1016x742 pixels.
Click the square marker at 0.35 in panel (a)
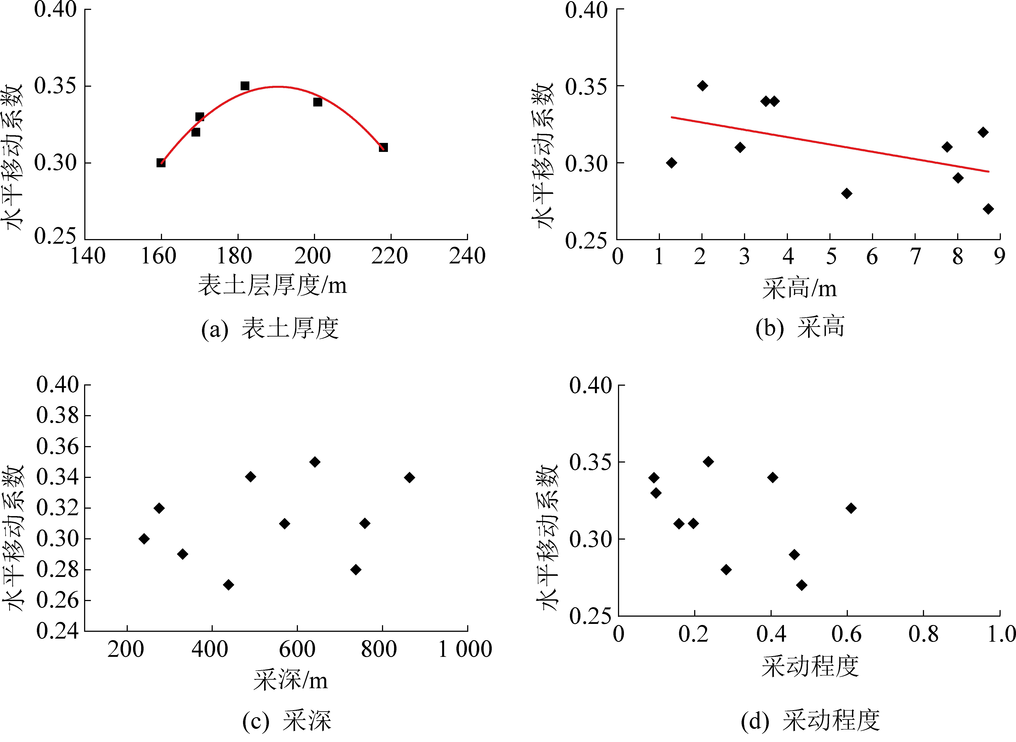[x=245, y=86]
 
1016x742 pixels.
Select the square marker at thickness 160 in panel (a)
[x=161, y=163]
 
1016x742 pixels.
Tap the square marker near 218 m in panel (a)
[x=383, y=147]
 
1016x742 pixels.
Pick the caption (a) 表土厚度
[x=270, y=328]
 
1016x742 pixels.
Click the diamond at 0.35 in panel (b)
[x=703, y=86]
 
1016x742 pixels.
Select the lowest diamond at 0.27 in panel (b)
[x=988, y=209]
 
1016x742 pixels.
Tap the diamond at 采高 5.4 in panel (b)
[x=847, y=194]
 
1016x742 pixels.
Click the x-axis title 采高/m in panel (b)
[x=800, y=288]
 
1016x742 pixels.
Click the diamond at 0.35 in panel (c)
[x=315, y=462]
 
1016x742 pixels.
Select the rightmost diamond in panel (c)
[x=409, y=477]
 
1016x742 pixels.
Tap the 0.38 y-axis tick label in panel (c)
[x=58, y=416]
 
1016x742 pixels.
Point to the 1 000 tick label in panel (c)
[x=465, y=649]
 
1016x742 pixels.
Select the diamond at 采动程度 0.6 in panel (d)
[x=851, y=508]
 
